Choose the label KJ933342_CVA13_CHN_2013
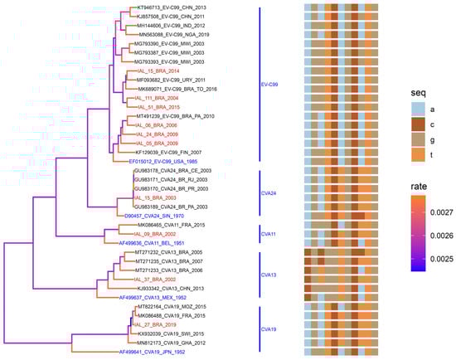[x=167, y=287]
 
